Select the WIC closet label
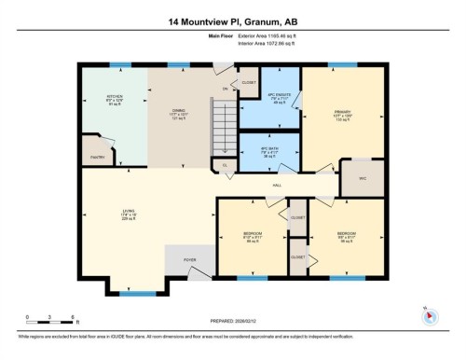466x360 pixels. click(362, 177)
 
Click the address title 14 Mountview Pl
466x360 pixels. click(232, 20)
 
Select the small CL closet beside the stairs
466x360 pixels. click(224, 165)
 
